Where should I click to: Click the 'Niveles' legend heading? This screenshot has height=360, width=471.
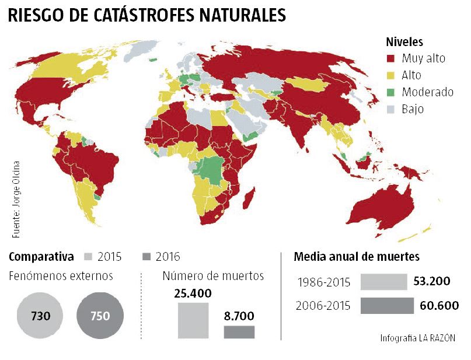(404, 42)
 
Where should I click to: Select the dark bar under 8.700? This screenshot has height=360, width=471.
(239, 332)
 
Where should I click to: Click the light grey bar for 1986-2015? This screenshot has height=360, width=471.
(383, 282)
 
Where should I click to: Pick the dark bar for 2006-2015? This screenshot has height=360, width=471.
(386, 306)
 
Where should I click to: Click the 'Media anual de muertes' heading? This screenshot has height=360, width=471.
(357, 257)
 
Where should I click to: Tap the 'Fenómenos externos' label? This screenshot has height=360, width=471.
(61, 276)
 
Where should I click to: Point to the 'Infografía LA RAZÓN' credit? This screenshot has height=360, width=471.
(417, 338)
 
